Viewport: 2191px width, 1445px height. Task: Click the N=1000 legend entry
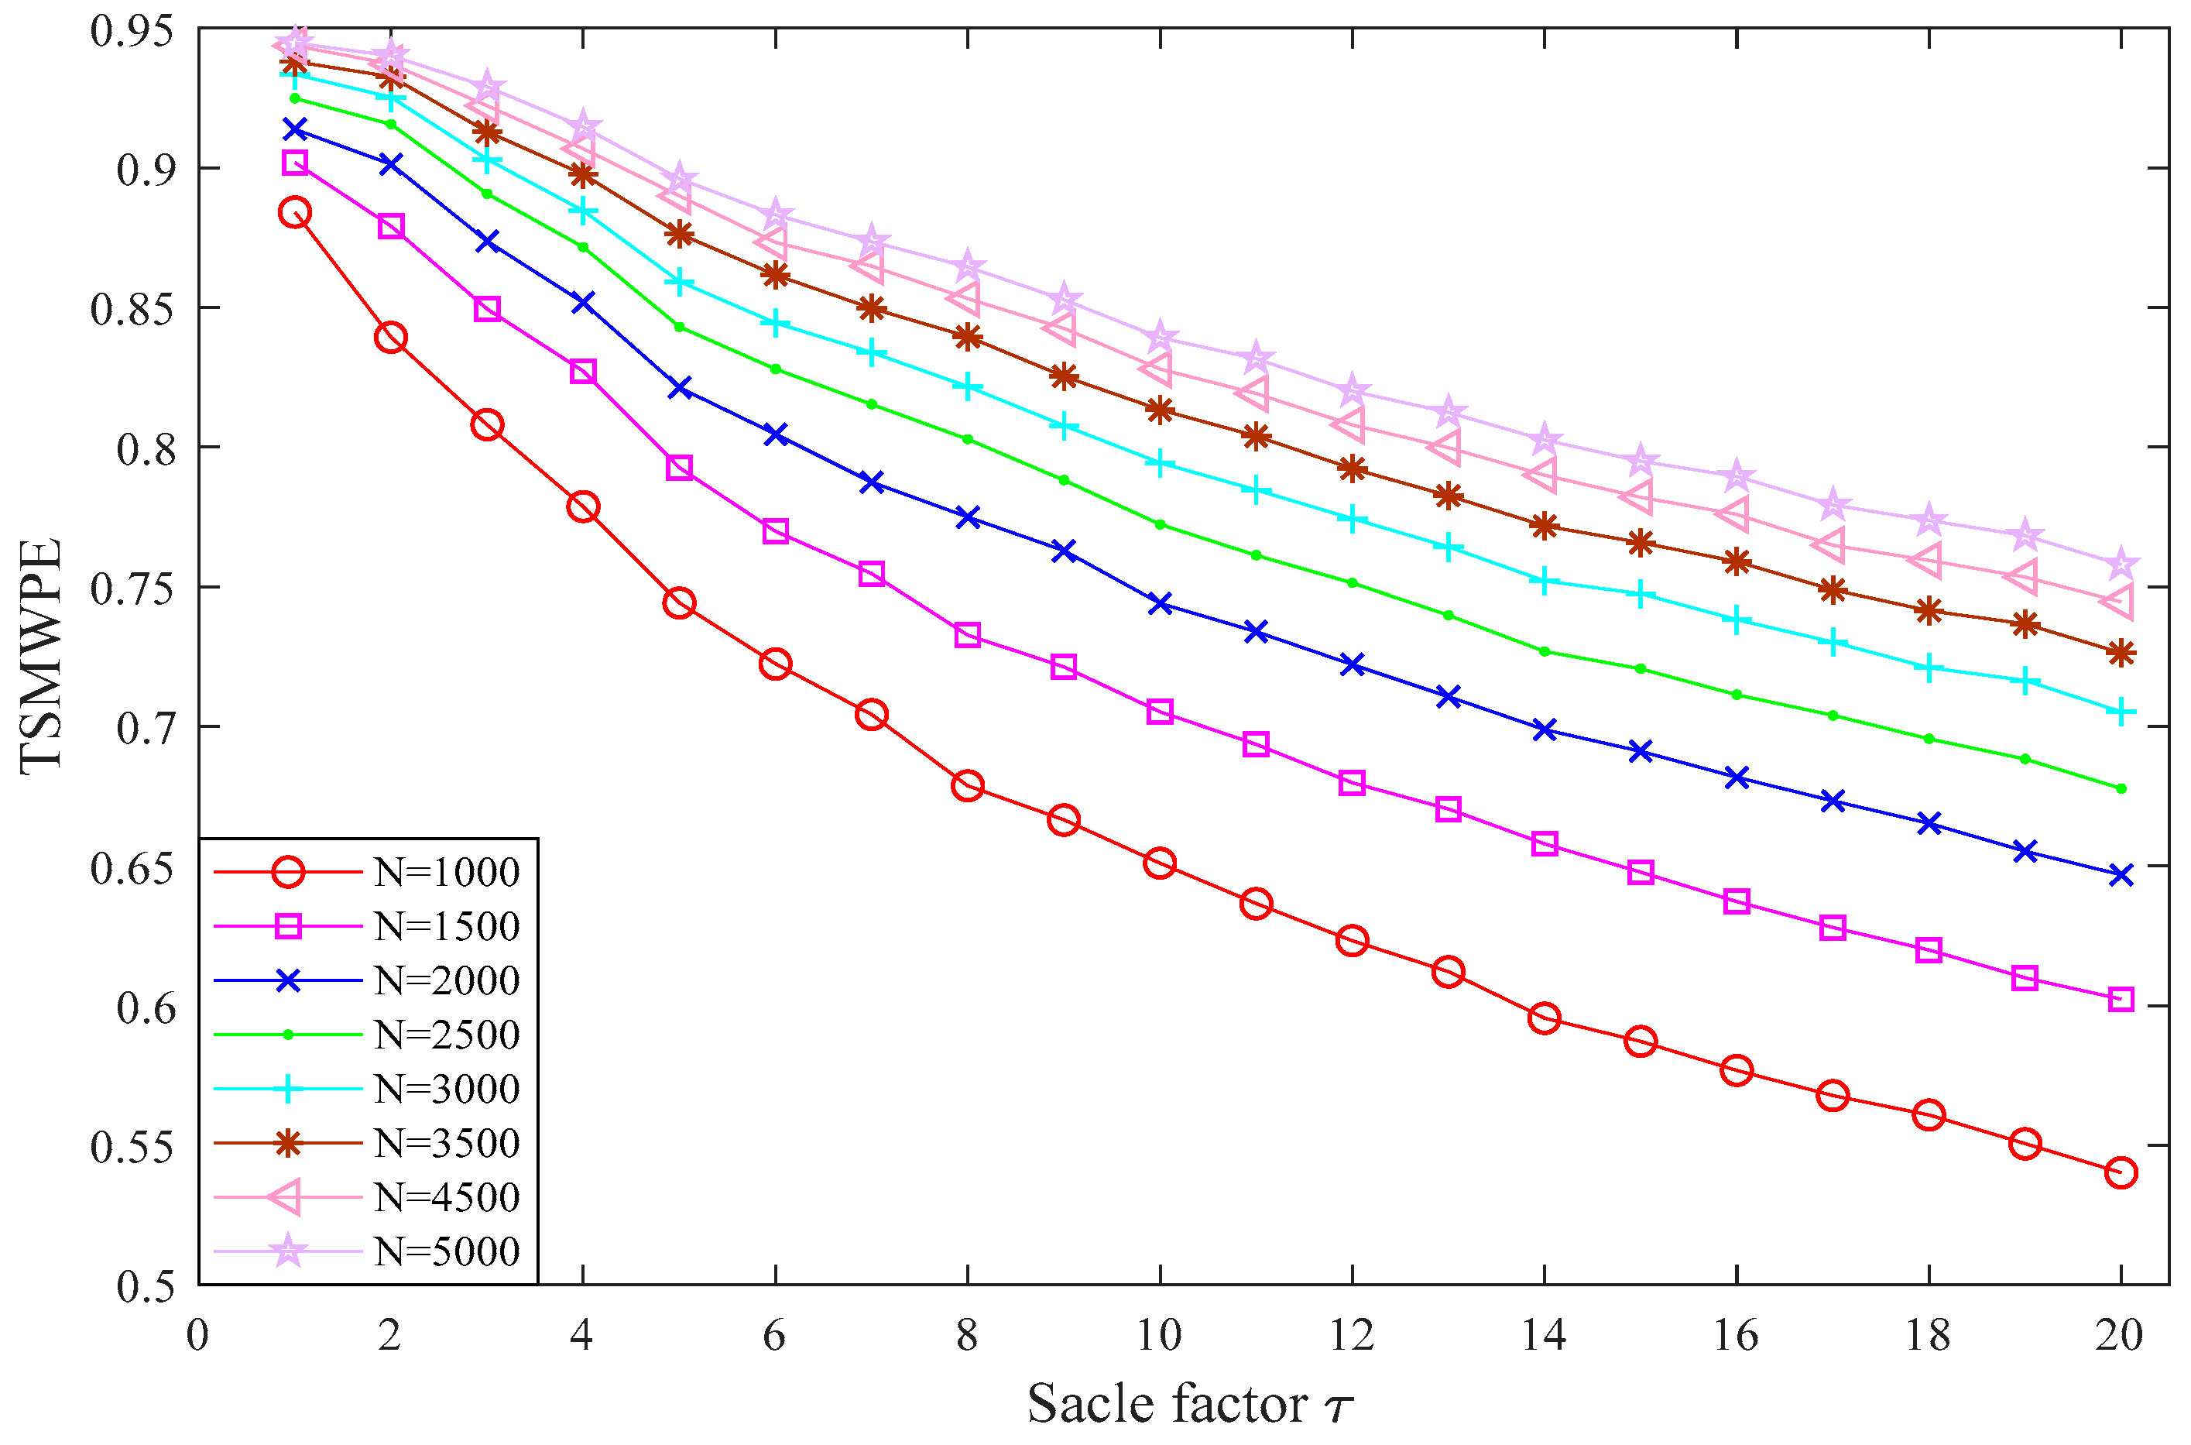tap(446, 872)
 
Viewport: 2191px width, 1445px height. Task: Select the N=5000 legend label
tap(446, 1251)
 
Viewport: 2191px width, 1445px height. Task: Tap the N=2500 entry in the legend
tap(446, 1035)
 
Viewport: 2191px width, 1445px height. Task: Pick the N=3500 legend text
tap(446, 1144)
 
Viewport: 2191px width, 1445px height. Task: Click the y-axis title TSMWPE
tap(42, 656)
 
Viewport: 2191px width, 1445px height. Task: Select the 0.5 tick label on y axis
tap(145, 1286)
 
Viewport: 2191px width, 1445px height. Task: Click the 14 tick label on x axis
tap(1543, 1335)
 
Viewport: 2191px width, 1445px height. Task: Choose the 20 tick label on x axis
tap(2119, 1335)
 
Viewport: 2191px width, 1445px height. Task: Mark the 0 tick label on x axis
tap(198, 1335)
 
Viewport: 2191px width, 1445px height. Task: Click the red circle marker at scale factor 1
tap(295, 213)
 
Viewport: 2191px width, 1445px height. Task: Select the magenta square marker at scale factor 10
tap(1160, 712)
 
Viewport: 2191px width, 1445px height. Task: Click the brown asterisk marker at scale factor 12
tap(1352, 469)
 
